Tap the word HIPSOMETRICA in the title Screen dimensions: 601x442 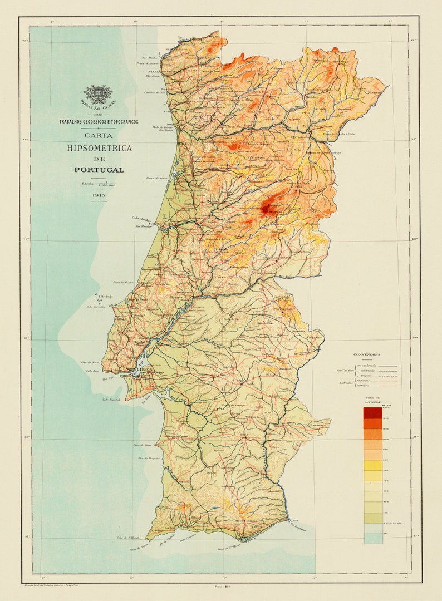point(99,148)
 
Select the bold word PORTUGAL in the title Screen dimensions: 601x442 point(99,170)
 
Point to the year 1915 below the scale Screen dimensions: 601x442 point(99,196)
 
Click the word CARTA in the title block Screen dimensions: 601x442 point(99,135)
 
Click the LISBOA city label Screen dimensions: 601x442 point(144,370)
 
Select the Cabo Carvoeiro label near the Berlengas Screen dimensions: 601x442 point(96,306)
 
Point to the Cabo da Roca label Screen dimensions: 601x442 point(92,362)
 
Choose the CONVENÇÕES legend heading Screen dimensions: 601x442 point(367,354)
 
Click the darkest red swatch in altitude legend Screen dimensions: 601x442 point(373,413)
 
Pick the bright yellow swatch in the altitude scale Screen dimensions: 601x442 point(373,465)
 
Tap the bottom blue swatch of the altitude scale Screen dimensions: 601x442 point(373,538)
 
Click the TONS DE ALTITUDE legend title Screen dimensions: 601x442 point(373,401)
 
